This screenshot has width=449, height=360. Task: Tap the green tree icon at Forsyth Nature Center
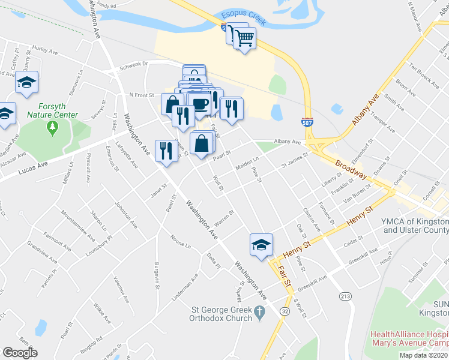[x=53, y=127]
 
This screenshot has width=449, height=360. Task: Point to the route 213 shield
[x=345, y=296]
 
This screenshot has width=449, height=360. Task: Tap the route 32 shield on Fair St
[x=283, y=312]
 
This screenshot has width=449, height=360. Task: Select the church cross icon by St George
[x=259, y=312]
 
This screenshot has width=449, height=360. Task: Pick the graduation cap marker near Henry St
[x=261, y=245]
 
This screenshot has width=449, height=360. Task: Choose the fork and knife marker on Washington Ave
[x=164, y=151]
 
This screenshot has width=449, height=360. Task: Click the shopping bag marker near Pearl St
[x=202, y=144]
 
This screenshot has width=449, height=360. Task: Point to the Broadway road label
[x=351, y=169]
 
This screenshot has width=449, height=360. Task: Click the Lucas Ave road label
[x=34, y=164]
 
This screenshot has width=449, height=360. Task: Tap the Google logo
[x=20, y=352]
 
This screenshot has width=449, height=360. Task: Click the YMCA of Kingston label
[x=414, y=225]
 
